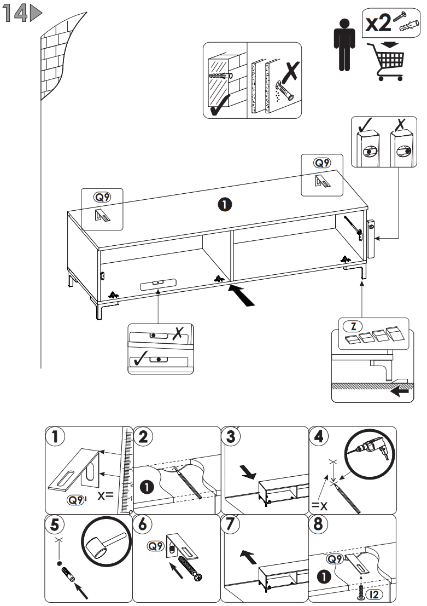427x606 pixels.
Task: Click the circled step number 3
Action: click(231, 437)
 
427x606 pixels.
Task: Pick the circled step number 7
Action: click(231, 524)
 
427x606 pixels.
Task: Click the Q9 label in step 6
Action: click(156, 546)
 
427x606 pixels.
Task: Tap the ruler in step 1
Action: click(125, 471)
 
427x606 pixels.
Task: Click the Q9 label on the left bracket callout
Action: click(102, 197)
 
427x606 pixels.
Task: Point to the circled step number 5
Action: click(55, 524)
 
